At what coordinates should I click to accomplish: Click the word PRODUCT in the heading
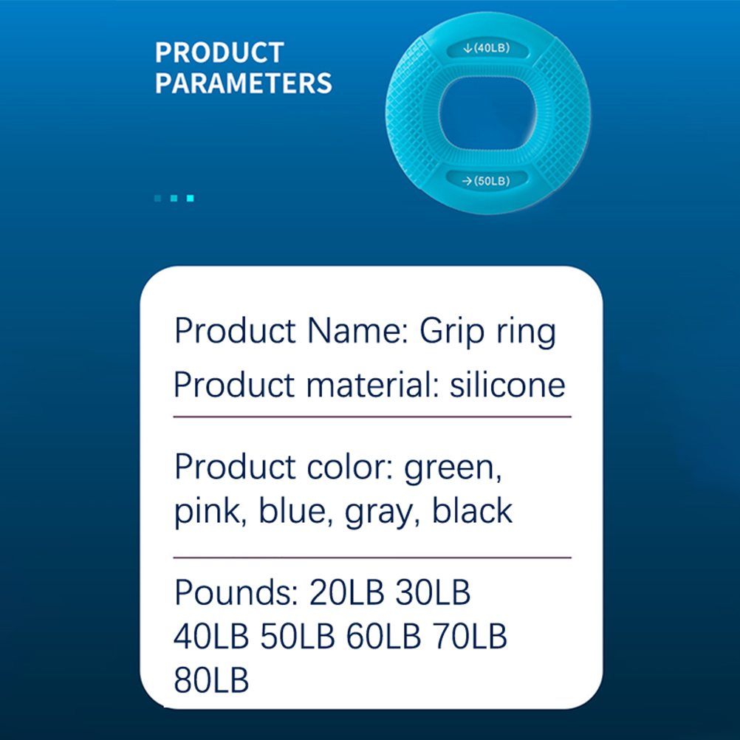coord(219,52)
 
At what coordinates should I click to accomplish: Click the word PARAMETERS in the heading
coord(244,83)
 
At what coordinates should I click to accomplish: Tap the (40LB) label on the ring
coord(492,48)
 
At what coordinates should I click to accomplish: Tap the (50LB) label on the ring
coord(492,181)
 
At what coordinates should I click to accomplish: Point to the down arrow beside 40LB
coord(467,48)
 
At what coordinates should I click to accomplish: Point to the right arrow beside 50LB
coord(467,181)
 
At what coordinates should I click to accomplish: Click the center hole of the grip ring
coord(487,114)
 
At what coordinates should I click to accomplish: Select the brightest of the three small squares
coord(191,198)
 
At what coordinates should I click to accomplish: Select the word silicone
coord(507,385)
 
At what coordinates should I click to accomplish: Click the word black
coord(472,510)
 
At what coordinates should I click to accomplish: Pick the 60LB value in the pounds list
coord(383,636)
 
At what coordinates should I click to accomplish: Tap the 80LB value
coord(211,679)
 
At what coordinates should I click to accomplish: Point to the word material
coord(373,385)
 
